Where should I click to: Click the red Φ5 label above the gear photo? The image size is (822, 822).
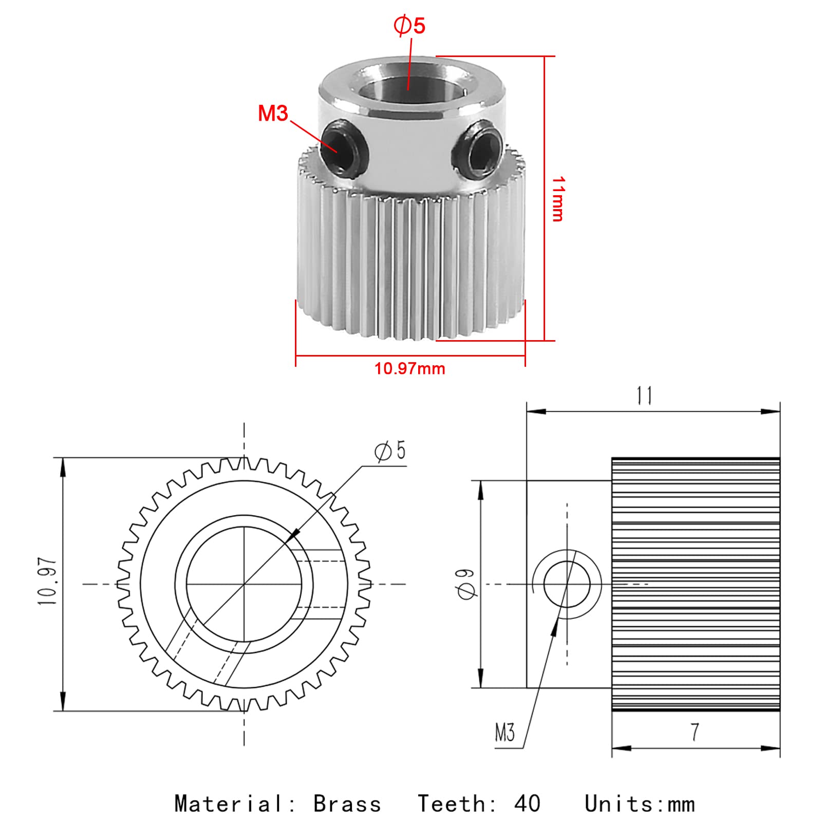click(x=409, y=26)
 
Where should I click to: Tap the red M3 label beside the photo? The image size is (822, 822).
click(x=273, y=114)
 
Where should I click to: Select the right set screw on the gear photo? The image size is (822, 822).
click(x=477, y=150)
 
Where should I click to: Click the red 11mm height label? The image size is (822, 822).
click(x=558, y=199)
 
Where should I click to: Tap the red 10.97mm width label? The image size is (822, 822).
click(x=409, y=369)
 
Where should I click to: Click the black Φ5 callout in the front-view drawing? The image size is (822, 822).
click(x=390, y=451)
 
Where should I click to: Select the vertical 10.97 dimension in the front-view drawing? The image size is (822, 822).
click(x=47, y=582)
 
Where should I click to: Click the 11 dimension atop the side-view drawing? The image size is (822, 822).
click(x=644, y=396)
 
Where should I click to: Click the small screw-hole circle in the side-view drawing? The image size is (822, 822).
click(x=567, y=584)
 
